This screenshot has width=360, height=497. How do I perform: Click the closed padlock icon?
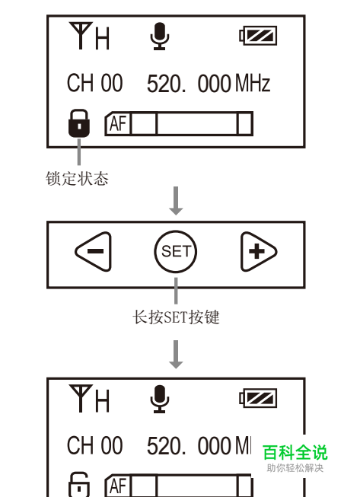[79, 123]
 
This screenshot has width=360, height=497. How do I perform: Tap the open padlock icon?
[79, 485]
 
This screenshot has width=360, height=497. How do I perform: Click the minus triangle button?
[94, 251]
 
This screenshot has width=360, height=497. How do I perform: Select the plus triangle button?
[258, 251]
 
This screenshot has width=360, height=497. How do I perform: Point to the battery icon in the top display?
[258, 36]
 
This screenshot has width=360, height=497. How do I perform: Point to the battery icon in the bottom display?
[258, 398]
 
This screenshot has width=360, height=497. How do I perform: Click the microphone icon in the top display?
[160, 36]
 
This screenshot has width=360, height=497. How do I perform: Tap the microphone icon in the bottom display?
[160, 399]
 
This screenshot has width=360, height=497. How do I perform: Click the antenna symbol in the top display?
[81, 36]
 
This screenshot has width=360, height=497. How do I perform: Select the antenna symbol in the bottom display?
[81, 398]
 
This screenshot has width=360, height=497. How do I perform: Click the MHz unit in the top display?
[253, 83]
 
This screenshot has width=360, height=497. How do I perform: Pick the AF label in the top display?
[118, 123]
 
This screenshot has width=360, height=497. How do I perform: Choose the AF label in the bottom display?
[118, 486]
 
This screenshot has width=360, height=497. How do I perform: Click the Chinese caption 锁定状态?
[77, 178]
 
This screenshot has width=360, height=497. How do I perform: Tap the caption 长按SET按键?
[176, 317]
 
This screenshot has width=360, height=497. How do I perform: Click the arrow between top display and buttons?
[176, 201]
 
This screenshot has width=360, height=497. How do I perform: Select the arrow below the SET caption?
[176, 355]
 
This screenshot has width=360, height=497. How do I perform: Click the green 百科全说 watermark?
[295, 452]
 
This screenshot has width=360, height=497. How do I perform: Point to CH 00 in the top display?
[94, 83]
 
